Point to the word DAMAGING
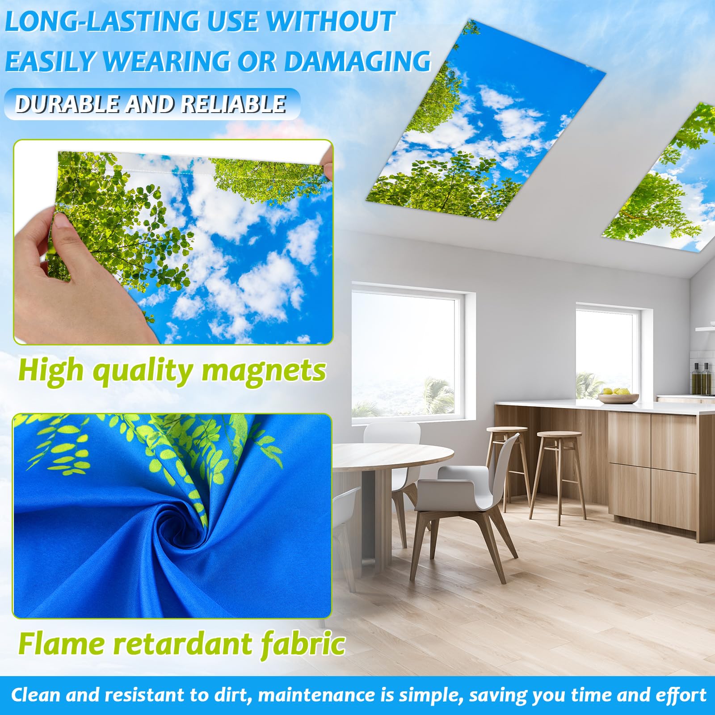click(357, 61)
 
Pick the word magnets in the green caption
click(264, 371)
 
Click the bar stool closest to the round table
click(507, 465)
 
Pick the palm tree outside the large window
click(436, 395)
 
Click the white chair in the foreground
click(469, 496)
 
